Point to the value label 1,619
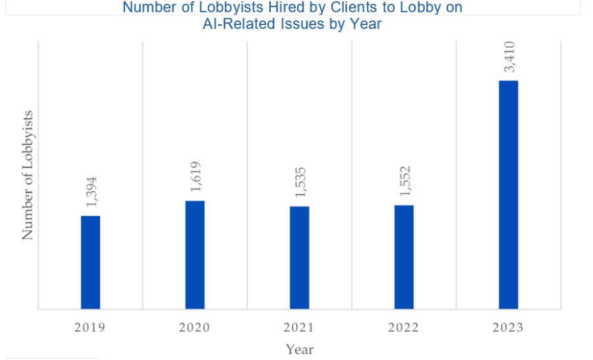click(196, 177)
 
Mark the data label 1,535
click(300, 183)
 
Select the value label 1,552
click(405, 181)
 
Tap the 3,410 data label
click(509, 57)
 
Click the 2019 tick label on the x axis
click(90, 328)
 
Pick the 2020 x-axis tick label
click(195, 328)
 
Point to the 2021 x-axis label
click(300, 328)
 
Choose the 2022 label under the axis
click(404, 328)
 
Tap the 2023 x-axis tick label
click(509, 328)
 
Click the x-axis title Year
click(299, 349)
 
